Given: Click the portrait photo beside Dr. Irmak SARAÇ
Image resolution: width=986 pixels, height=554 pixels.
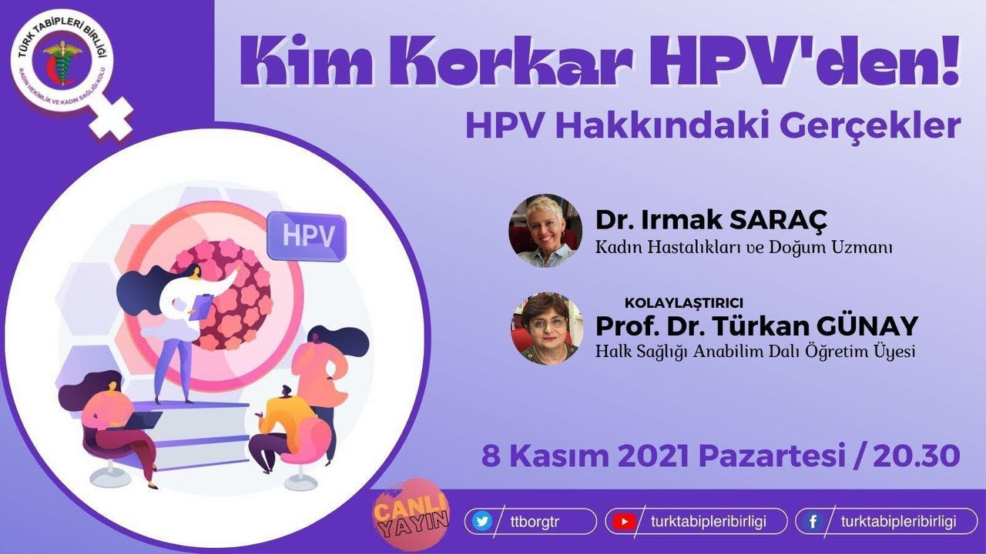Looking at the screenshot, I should tap(545, 231).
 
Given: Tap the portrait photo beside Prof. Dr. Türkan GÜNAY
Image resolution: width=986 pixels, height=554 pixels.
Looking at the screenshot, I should tap(545, 329).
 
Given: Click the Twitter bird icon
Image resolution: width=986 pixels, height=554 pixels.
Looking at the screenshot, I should tap(482, 521).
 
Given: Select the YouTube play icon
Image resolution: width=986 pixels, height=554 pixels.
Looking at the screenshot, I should tap(621, 521).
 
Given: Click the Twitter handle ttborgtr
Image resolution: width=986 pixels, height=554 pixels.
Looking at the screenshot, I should tap(533, 521).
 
